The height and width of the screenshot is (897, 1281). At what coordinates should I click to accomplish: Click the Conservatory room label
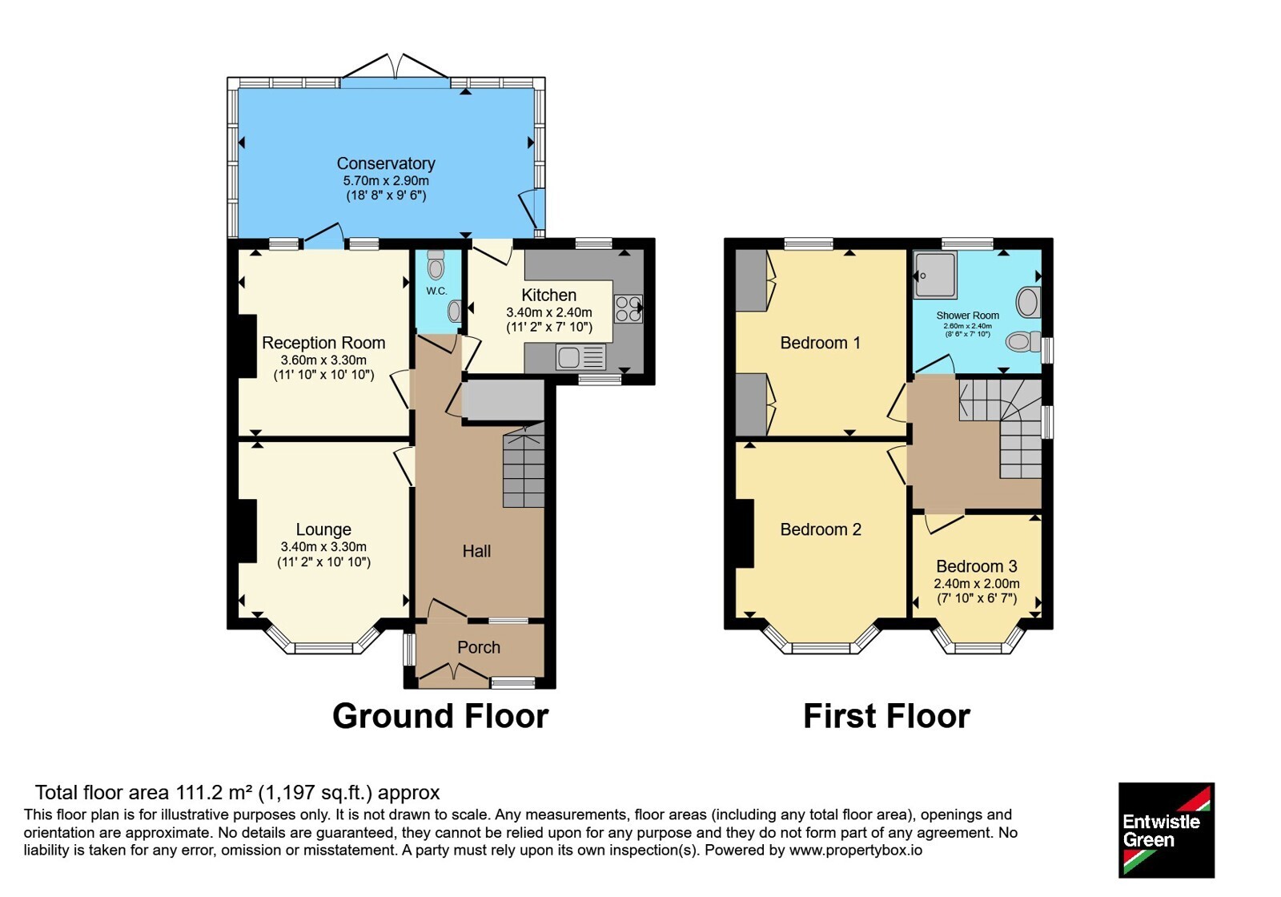click(386, 163)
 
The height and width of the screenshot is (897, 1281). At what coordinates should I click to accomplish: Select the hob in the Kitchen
click(628, 309)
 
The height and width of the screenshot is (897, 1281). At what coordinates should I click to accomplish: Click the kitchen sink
click(580, 357)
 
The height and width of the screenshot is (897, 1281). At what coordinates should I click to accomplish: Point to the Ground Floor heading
click(440, 716)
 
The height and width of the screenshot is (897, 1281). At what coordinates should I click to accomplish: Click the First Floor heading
click(886, 716)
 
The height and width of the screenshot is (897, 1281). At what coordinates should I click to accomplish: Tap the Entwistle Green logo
click(1167, 830)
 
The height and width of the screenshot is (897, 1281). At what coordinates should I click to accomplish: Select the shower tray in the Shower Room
click(935, 276)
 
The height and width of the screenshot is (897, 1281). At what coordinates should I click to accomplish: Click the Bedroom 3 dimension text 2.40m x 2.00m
click(977, 584)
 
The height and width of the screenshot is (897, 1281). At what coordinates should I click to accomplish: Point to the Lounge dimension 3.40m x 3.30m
click(323, 547)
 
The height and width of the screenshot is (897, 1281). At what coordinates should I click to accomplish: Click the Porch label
click(479, 647)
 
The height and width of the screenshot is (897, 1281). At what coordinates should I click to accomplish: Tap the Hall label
click(476, 551)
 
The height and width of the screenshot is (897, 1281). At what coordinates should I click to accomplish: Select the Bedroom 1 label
click(820, 343)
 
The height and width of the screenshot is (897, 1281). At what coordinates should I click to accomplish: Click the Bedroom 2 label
click(821, 529)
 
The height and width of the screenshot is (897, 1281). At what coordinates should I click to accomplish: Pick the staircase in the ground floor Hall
click(524, 465)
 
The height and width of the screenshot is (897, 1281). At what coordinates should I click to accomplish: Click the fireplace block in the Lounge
click(247, 531)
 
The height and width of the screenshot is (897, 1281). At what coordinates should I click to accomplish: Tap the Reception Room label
click(323, 343)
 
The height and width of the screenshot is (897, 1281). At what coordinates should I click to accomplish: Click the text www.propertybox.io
click(856, 850)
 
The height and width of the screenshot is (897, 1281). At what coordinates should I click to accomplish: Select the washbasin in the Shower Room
click(1028, 301)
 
